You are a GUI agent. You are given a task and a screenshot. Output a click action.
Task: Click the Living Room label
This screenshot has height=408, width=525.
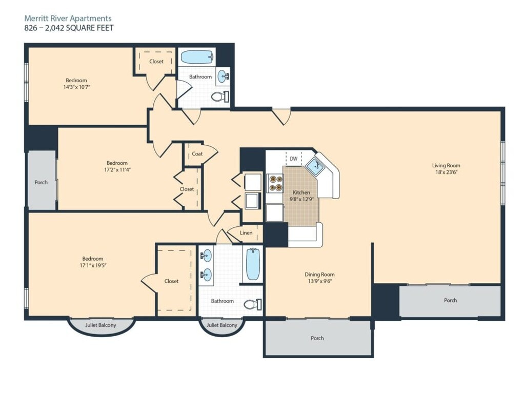coord(446,165)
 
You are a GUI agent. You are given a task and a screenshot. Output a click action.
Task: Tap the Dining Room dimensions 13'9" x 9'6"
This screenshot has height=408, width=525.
coord(320,281)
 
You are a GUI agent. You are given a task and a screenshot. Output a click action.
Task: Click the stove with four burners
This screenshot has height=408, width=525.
coord(275,183)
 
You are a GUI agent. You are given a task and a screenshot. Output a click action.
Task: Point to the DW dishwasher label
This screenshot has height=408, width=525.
coord(294,159)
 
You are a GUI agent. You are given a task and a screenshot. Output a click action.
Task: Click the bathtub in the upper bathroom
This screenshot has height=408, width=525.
coord(197,57)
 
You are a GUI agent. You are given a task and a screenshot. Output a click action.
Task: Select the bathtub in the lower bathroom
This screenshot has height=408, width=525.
coord(253,264)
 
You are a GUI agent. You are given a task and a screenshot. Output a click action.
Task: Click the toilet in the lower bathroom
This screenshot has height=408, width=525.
coord(253,304)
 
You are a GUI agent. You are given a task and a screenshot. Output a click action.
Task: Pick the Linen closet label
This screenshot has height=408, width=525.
coord(246,232)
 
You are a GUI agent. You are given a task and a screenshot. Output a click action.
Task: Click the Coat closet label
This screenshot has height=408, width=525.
coord(197,153)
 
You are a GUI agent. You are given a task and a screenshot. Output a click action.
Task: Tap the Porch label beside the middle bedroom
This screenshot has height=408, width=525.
coord(41,182)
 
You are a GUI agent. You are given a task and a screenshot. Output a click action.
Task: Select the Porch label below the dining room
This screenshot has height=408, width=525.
coord(317,338)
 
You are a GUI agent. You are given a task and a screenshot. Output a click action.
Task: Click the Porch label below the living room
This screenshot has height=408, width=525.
coord(450,300)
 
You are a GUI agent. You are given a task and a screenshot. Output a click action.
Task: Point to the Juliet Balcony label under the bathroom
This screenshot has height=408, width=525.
coord(221,325)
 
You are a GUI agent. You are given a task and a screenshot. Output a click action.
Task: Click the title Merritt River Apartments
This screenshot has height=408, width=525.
coord(68,18)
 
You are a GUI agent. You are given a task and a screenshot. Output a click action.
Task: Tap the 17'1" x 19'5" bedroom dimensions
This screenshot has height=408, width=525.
coord(93,265)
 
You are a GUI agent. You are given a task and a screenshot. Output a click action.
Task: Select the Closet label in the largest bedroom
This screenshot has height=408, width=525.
coord(171,281)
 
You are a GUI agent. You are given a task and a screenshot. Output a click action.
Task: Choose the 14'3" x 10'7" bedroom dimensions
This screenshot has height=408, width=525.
coord(76,87)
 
